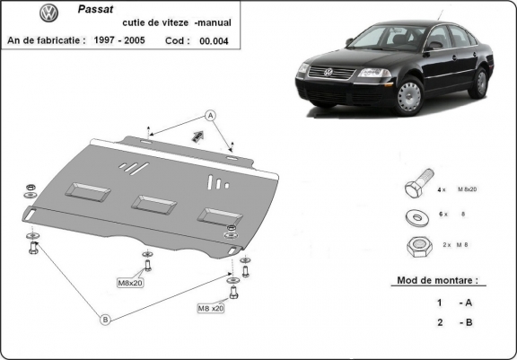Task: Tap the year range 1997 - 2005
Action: tap(122, 40)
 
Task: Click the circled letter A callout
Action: tap(209, 115)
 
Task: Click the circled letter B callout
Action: tap(104, 318)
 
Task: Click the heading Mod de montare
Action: tap(437, 280)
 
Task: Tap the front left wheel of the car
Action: tap(409, 96)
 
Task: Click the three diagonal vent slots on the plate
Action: tap(130, 167)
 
